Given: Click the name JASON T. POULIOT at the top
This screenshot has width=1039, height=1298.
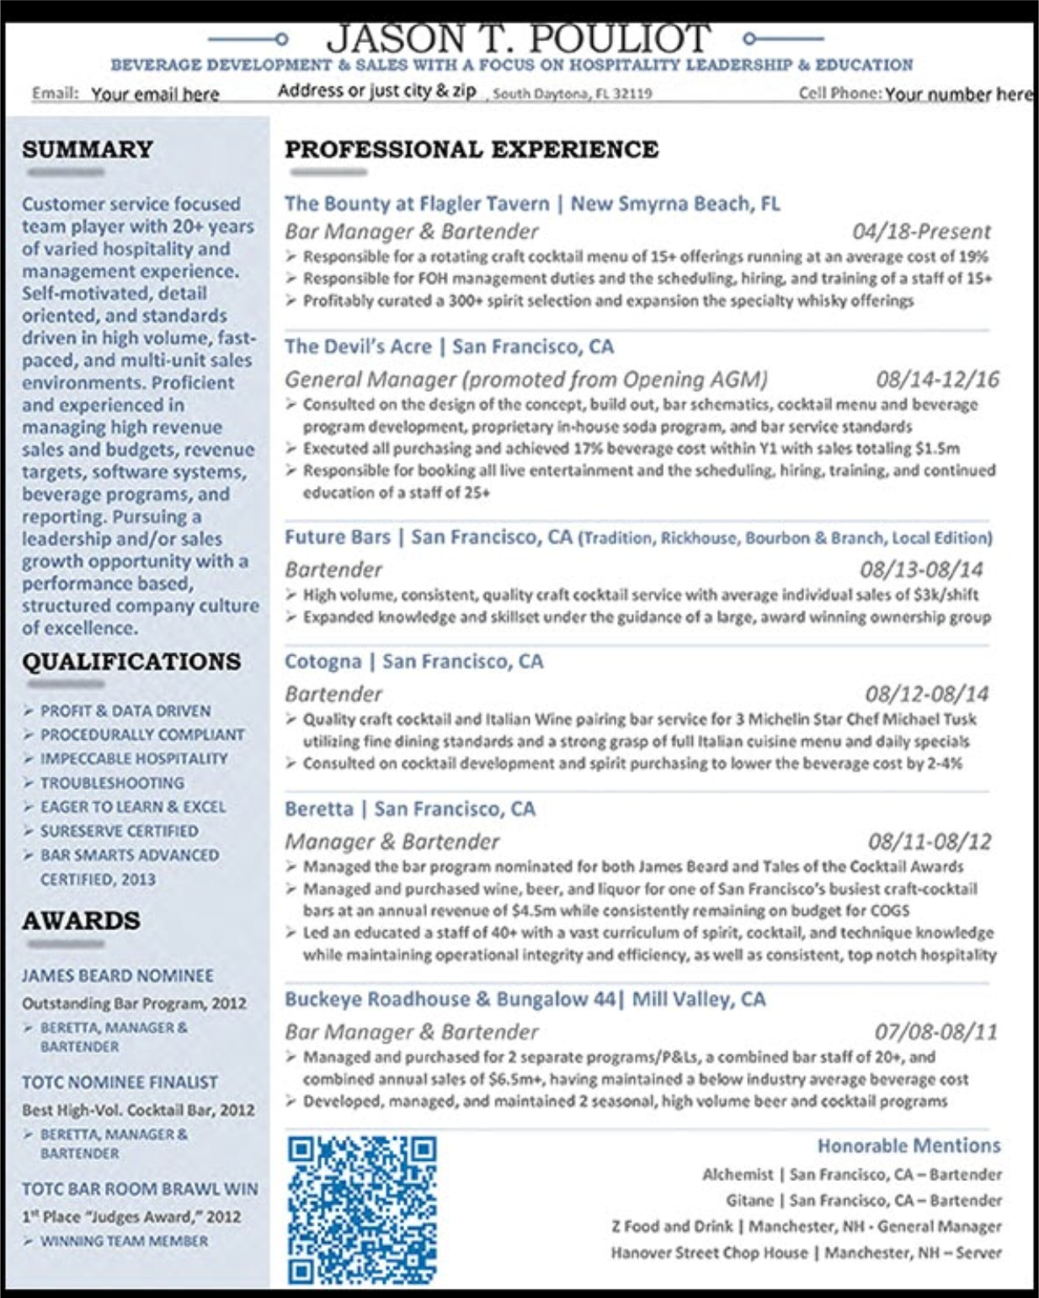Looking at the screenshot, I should tap(518, 38).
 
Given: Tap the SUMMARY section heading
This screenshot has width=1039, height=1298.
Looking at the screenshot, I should tap(88, 150).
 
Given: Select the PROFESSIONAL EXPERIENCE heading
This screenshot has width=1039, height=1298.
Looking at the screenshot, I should tap(472, 150).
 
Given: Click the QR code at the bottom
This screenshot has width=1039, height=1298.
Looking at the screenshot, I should tap(362, 1209).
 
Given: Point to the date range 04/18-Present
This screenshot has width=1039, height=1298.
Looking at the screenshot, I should tap(921, 231).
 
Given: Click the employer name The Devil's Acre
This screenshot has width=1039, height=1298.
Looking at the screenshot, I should tap(358, 347).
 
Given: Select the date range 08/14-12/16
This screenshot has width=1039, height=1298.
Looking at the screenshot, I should tap(937, 380).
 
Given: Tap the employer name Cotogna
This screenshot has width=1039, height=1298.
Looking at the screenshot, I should tap(322, 662).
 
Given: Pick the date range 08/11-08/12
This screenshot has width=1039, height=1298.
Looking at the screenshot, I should tap(930, 842).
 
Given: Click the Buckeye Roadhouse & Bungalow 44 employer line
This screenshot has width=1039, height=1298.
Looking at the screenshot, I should tap(525, 999).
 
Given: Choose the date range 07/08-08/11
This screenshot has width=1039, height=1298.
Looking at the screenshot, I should tap(935, 1032).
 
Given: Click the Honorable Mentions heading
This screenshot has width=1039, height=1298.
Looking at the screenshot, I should tap(908, 1146).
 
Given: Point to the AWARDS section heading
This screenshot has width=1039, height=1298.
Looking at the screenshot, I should tap(81, 921).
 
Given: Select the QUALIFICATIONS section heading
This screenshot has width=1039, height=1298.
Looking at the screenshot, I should tap(131, 662).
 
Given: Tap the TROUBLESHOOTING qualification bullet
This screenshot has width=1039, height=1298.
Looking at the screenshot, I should tap(112, 783).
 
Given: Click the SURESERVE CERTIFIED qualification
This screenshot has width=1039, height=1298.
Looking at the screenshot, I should tap(120, 831).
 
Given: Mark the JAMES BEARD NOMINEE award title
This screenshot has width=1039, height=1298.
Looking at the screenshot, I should tap(118, 976).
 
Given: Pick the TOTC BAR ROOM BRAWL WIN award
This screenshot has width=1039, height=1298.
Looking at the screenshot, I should tap(140, 1189).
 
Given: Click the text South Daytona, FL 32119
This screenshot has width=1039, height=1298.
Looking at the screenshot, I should tap(572, 93).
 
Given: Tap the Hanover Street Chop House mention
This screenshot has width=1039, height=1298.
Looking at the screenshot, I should tap(709, 1253).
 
